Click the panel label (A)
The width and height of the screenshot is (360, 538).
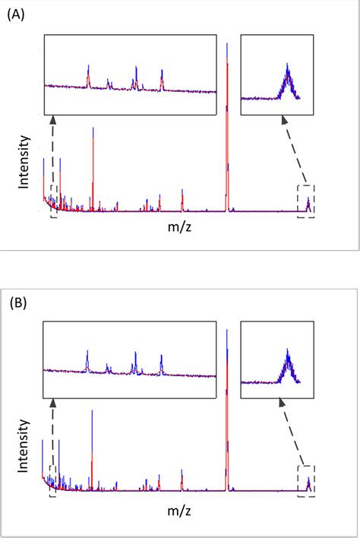18,14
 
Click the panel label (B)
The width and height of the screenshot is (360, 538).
18,302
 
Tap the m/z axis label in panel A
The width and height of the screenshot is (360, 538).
181,226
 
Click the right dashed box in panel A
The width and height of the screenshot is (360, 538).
306,201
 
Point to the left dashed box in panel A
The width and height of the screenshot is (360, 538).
53,201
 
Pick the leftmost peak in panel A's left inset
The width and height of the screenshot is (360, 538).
89,74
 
